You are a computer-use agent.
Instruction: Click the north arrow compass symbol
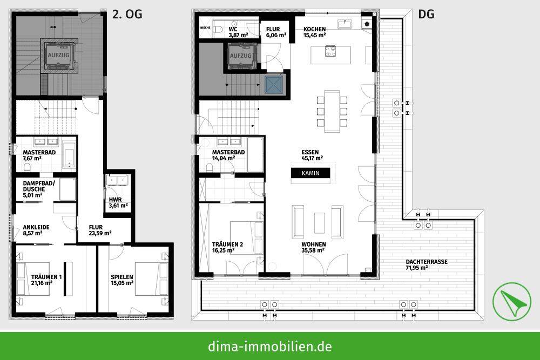coord(511,301)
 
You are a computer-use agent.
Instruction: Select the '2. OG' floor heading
coord(127,15)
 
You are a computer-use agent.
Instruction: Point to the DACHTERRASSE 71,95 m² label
coord(427,264)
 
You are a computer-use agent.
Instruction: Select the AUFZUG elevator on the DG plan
coord(240,56)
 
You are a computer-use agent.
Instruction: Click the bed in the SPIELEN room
coord(148,279)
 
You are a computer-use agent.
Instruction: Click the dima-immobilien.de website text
coord(270,346)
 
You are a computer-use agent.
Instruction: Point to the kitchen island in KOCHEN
coord(330,52)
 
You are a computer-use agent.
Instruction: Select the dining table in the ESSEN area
coord(332,111)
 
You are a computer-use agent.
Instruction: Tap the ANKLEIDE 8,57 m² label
coord(36,231)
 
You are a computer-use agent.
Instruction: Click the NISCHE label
coord(205,26)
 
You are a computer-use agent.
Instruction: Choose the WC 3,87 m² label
coord(238,32)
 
